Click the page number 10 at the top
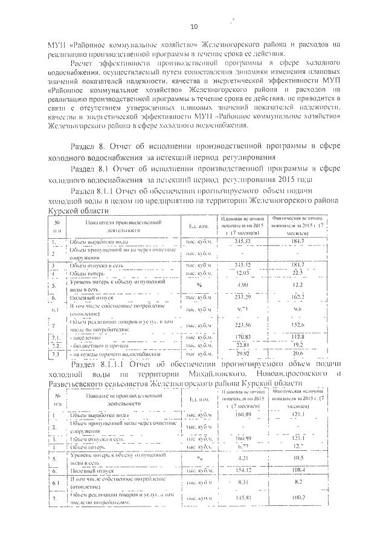[x=193, y=26]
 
